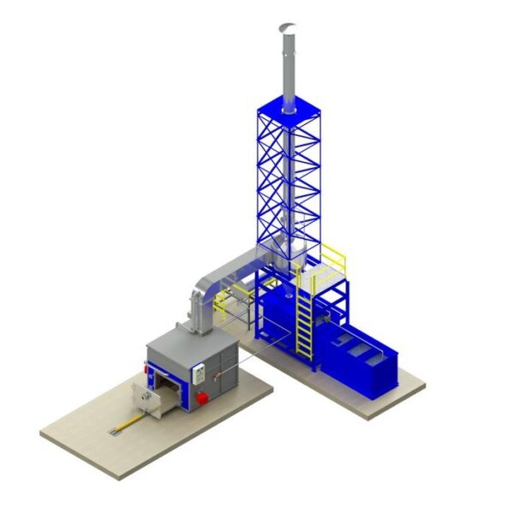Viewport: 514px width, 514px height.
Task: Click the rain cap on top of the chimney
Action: [286, 27]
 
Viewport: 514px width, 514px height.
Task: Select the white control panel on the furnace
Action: [198, 372]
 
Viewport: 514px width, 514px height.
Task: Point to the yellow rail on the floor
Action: [128, 422]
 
